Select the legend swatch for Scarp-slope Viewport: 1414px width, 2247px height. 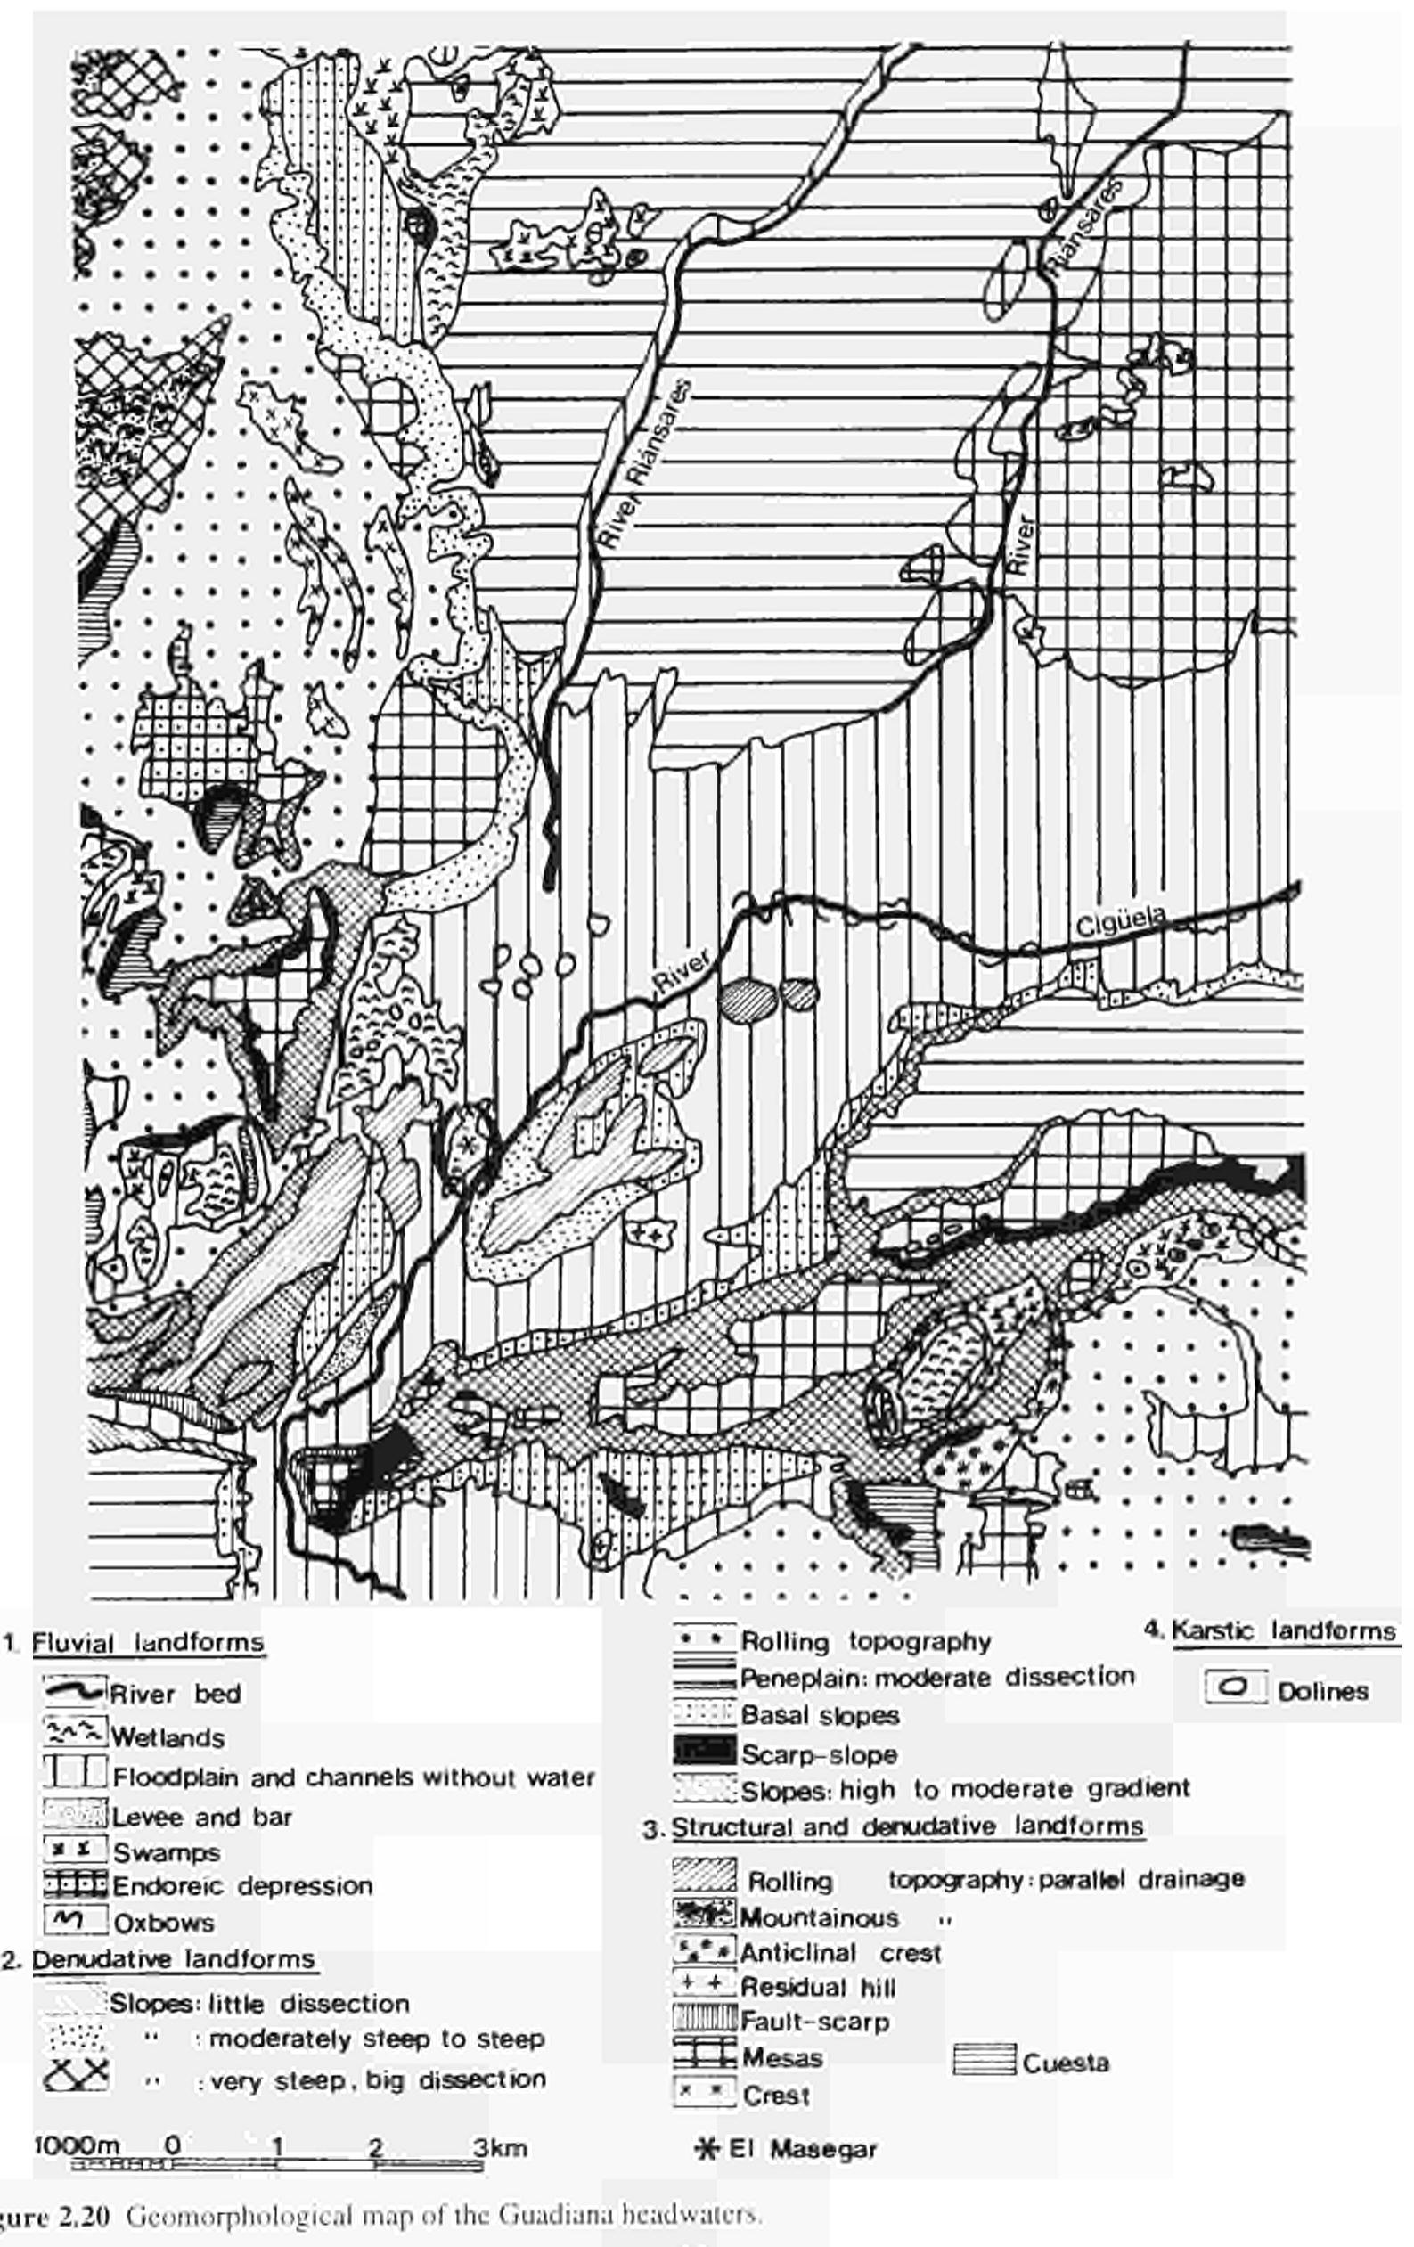click(705, 1753)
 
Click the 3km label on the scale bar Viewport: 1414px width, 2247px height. click(499, 2147)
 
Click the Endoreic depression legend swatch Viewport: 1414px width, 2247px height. click(75, 1885)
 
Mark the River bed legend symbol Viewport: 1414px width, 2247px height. click(75, 1689)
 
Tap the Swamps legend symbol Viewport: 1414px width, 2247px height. click(75, 1850)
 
